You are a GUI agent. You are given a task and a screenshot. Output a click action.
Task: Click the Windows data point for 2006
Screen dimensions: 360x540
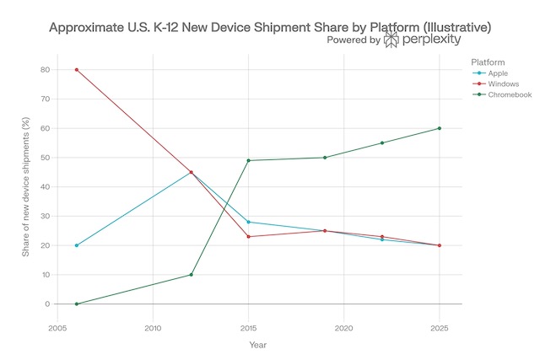pyautogui.click(x=77, y=70)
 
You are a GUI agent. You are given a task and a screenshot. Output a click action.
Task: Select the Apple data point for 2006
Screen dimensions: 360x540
pyautogui.click(x=77, y=245)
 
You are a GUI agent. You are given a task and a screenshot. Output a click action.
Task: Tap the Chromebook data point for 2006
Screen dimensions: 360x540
pyautogui.click(x=77, y=304)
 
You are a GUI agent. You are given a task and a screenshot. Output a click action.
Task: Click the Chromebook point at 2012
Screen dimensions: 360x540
pyautogui.click(x=192, y=275)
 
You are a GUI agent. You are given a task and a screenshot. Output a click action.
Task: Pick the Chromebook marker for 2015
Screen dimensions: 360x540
pyautogui.click(x=249, y=160)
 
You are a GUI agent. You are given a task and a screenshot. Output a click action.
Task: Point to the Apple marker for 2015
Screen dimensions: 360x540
pyautogui.click(x=249, y=222)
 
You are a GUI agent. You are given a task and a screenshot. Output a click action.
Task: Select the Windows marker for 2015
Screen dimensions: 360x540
pyautogui.click(x=249, y=237)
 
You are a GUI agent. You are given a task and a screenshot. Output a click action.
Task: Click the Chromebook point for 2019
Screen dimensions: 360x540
pyautogui.click(x=325, y=158)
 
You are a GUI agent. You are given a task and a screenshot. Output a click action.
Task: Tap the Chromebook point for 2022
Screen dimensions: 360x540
pyautogui.click(x=382, y=142)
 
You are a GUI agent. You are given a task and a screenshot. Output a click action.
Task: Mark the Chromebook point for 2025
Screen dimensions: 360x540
pyautogui.click(x=440, y=128)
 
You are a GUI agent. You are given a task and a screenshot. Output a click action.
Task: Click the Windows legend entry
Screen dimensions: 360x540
pyautogui.click(x=504, y=85)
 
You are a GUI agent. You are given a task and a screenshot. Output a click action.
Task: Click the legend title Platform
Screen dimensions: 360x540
pyautogui.click(x=489, y=62)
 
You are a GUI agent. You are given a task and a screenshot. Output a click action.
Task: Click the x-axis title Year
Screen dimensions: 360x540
pyautogui.click(x=258, y=344)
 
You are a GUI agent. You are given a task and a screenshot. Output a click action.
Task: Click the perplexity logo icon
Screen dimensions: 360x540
pyautogui.click(x=392, y=40)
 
